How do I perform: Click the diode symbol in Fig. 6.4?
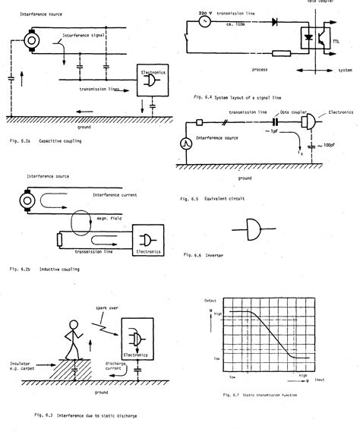(273, 23)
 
